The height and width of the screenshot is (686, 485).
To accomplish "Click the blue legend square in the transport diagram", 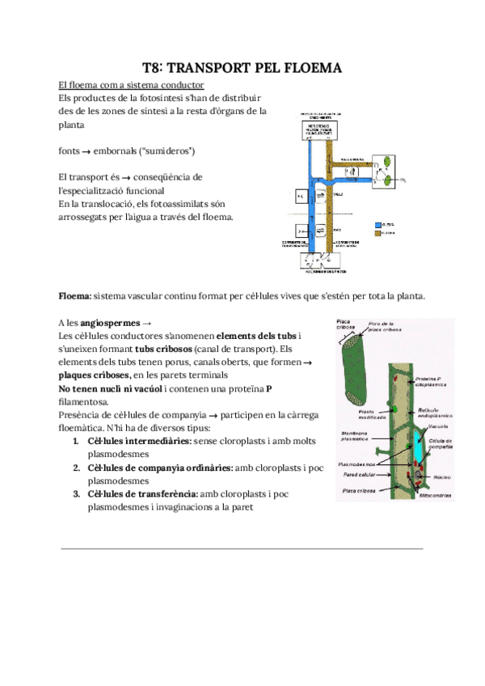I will (x=378, y=223).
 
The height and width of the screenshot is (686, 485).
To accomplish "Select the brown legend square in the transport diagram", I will (x=378, y=233).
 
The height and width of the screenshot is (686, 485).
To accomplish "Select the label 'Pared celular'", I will (x=358, y=476).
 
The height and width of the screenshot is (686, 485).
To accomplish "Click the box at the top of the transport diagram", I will (x=323, y=130).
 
